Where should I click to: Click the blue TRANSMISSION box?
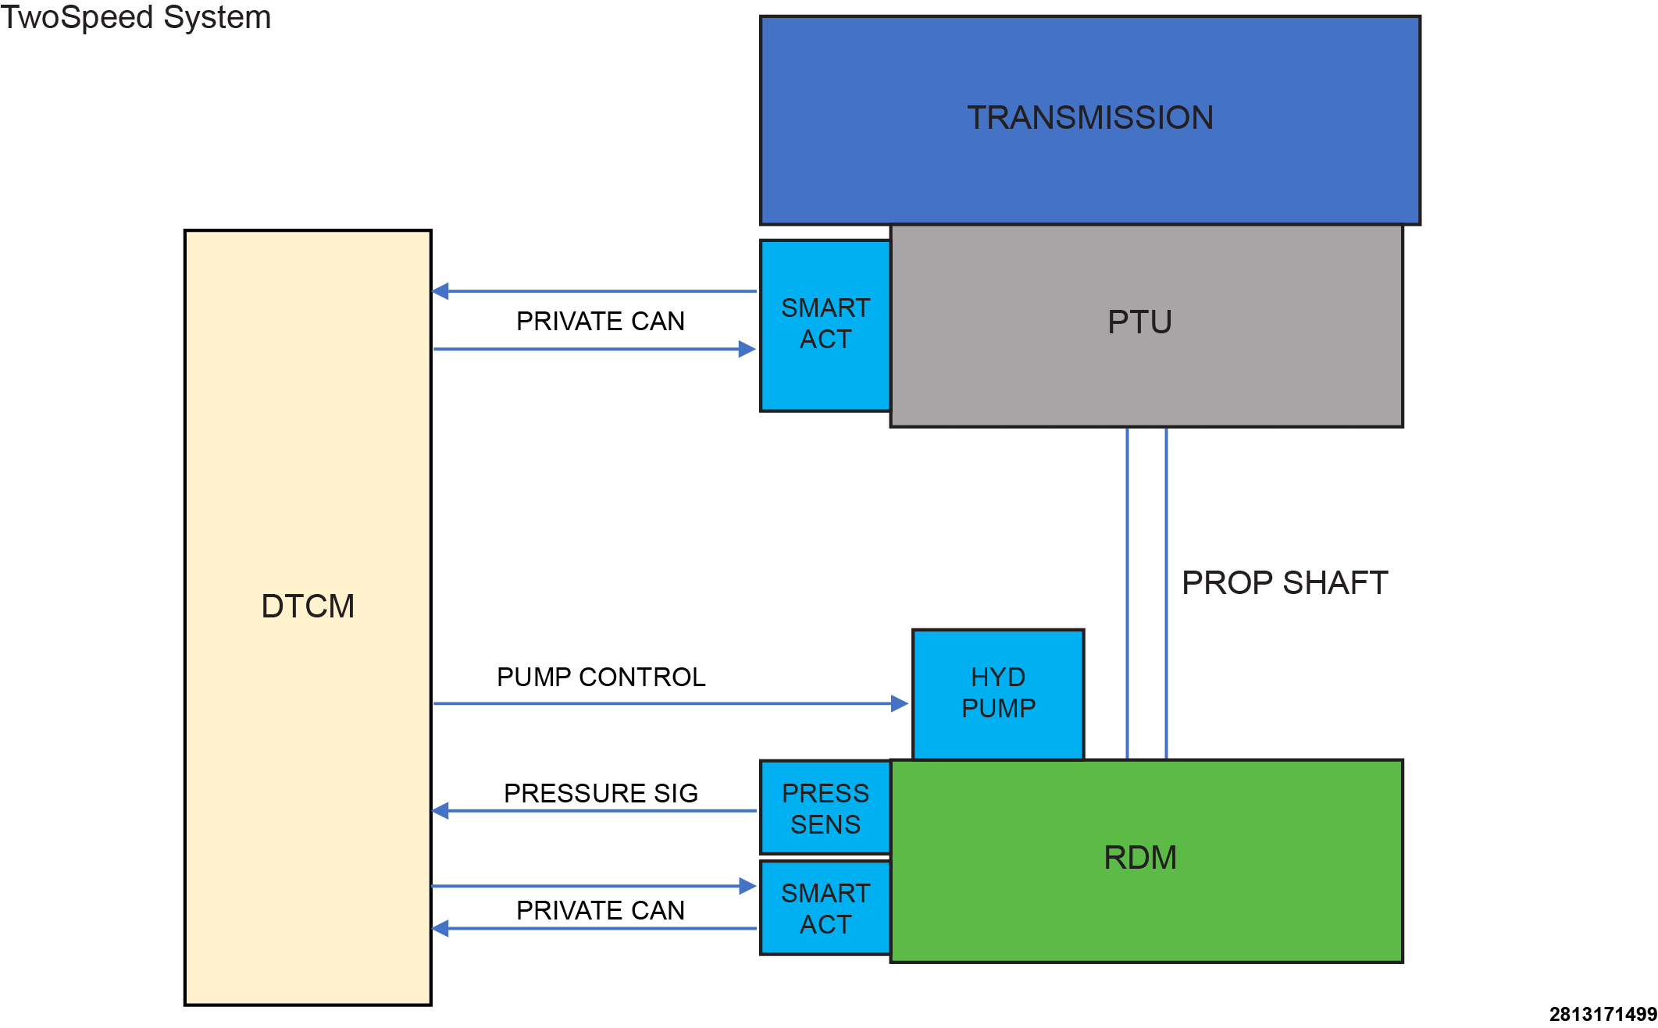coord(1090,120)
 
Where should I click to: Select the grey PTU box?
coord(1146,325)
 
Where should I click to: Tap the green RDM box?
coord(1146,861)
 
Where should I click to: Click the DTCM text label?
coord(308,606)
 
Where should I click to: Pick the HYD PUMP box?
coord(998,694)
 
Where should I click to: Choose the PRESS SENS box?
coord(825,807)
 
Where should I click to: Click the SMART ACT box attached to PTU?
coord(825,325)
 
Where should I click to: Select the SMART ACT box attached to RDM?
coord(825,907)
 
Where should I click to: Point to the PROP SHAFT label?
coord(1285,583)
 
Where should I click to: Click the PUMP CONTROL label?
coord(601,677)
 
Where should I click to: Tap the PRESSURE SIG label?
coord(601,793)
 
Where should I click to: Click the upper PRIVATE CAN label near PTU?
coord(601,321)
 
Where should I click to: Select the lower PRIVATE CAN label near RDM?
coord(601,910)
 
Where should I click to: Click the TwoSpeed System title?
coord(136,17)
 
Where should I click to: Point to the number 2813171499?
coord(1603,1014)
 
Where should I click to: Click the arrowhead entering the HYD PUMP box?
coord(900,703)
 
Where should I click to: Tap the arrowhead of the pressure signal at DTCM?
coord(440,811)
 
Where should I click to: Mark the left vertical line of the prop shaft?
coord(1127,593)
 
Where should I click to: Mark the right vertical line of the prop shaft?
coord(1166,593)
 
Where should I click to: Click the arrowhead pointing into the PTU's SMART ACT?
coord(747,349)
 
